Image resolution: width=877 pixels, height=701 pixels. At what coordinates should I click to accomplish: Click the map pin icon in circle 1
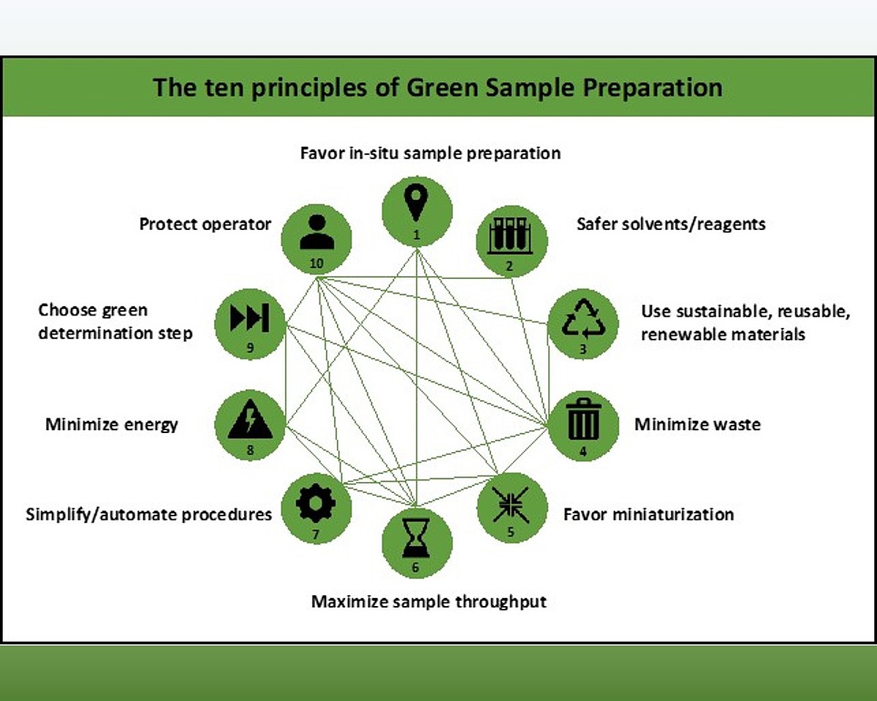[417, 202]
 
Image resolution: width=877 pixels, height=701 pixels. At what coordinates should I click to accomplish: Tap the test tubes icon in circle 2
[510, 236]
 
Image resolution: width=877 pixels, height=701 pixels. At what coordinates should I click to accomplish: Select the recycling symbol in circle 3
[583, 319]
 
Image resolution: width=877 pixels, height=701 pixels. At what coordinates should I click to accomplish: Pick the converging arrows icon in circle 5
[510, 504]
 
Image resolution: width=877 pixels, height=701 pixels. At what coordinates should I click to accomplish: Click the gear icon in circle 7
[316, 502]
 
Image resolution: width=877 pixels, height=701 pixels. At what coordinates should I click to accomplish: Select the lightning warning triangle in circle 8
[250, 421]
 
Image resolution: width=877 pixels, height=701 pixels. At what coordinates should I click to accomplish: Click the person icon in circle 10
[316, 232]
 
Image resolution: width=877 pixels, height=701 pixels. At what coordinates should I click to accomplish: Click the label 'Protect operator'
[205, 224]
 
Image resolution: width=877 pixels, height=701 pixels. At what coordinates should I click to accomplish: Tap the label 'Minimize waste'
[697, 424]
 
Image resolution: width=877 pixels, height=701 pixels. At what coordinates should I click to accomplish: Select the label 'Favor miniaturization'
[648, 514]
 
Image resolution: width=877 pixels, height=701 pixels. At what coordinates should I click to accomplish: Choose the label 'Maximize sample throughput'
[429, 602]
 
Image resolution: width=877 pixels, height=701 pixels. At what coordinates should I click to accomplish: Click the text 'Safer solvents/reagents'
[671, 223]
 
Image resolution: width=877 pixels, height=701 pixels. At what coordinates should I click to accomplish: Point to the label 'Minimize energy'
[112, 424]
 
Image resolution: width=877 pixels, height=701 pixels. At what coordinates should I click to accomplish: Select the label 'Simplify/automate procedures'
[149, 514]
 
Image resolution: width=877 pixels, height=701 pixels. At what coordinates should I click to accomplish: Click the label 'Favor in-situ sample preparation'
[430, 153]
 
